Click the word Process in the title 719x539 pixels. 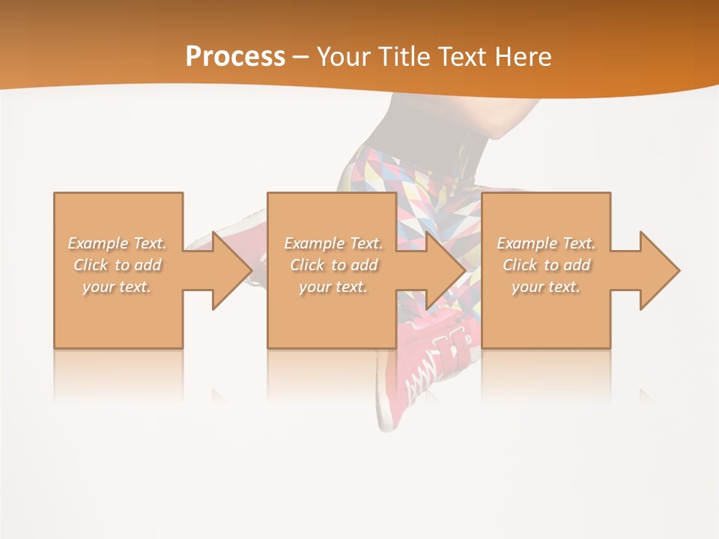(235, 56)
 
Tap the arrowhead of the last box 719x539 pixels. (658, 270)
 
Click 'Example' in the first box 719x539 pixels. (98, 243)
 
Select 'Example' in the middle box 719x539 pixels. (314, 243)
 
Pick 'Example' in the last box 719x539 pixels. (527, 243)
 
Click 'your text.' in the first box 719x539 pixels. (117, 287)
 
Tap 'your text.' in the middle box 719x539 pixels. (333, 287)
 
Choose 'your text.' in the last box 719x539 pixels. (546, 287)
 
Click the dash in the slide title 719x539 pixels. (301, 57)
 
